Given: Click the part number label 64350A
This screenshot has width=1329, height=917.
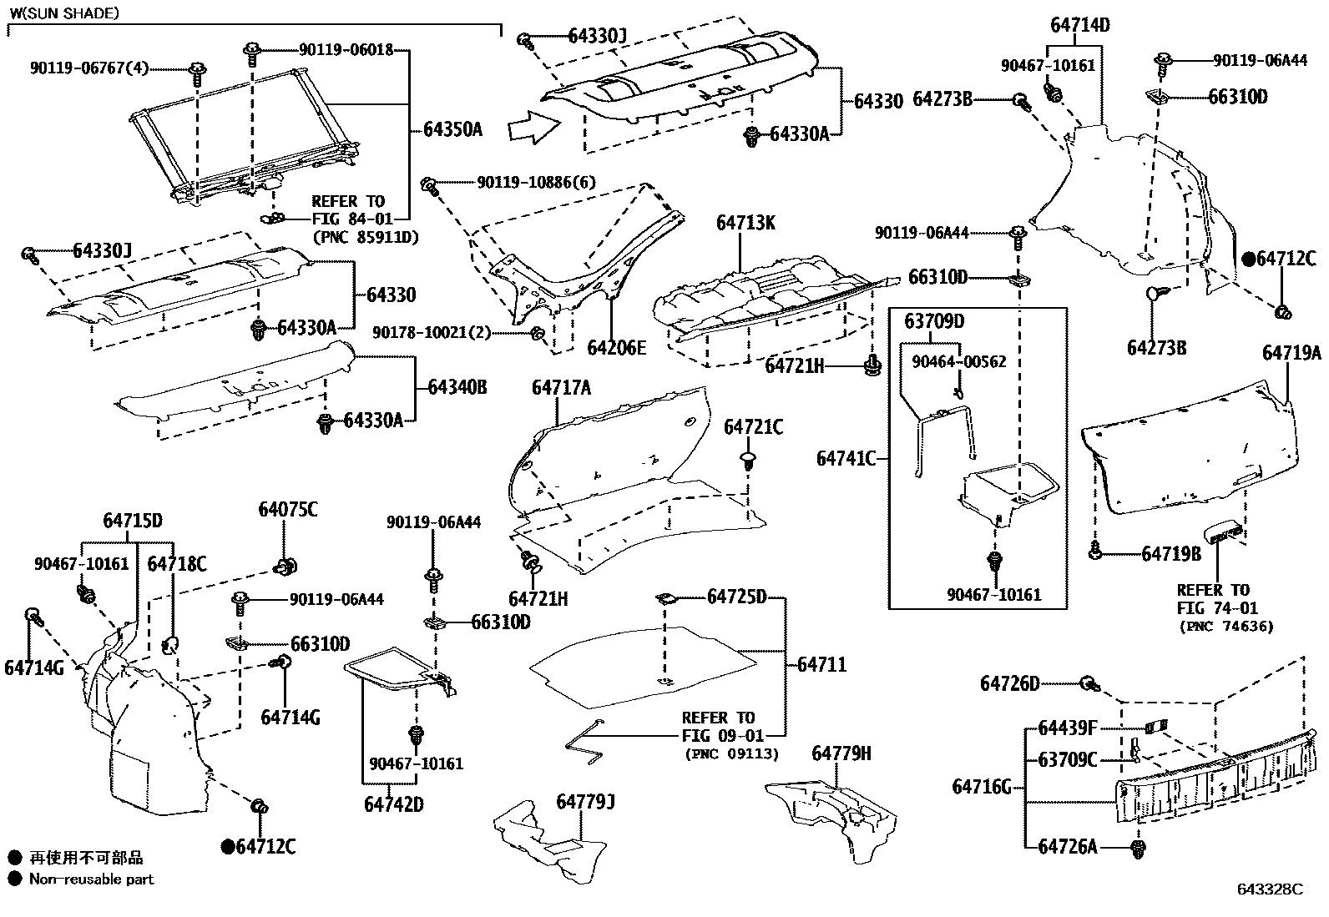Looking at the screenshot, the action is coord(452,129).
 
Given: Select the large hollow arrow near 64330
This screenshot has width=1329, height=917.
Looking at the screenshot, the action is coord(534,128).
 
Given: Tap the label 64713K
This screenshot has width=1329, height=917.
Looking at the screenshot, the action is coord(745,223).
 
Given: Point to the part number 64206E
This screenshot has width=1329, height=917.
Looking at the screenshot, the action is coord(616,348).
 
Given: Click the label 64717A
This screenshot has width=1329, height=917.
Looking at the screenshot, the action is coord(561,388).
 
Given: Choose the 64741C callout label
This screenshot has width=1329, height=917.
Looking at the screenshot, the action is coord(846,459).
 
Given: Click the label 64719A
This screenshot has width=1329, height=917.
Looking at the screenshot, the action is coord(1291,354).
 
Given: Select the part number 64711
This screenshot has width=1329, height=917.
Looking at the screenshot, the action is coord(821,665).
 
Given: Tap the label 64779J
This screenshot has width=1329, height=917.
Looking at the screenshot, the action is coord(585,802).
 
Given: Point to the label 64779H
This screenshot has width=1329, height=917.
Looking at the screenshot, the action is coord(841,753).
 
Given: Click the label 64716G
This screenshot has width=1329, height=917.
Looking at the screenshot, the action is coord(982,787).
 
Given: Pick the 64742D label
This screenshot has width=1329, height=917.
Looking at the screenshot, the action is coord(394,804).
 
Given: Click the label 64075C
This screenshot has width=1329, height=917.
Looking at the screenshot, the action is coord(288,510).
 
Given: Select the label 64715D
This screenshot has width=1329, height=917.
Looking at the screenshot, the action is coord(132,521).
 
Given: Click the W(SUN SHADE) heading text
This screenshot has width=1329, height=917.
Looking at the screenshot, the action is coord(64,13).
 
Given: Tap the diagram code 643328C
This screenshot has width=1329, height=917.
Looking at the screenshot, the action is coord(1270,889).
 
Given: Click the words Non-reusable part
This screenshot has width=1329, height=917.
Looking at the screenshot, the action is coord(91,879).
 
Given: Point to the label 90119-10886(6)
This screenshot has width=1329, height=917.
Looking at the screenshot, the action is coord(536,182).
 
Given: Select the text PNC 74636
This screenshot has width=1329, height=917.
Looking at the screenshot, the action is coord(1226,627).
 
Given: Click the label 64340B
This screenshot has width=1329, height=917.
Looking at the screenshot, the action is coord(457,387).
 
